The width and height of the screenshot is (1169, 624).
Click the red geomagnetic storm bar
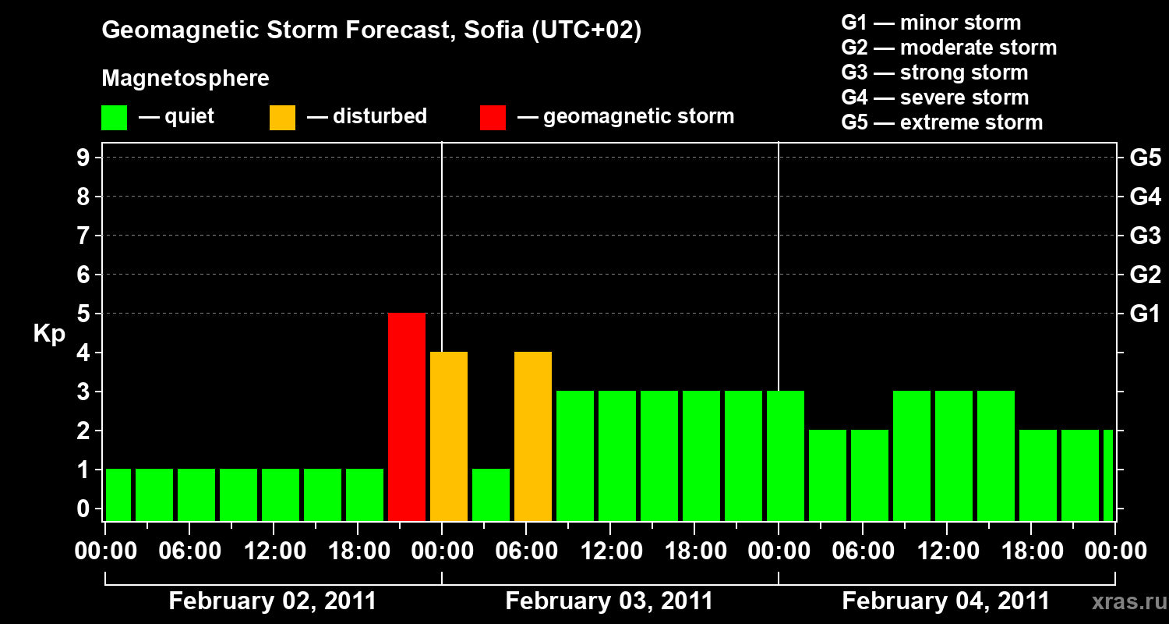(x=407, y=417)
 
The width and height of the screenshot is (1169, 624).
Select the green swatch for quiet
(x=115, y=117)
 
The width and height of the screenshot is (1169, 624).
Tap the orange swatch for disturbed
(x=282, y=117)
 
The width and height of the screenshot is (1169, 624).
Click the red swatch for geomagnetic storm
(x=493, y=117)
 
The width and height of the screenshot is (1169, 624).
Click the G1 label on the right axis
(x=1145, y=314)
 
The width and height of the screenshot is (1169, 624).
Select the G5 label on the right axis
(x=1145, y=158)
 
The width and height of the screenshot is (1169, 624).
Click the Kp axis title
(x=49, y=334)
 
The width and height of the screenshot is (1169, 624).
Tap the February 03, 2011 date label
(x=609, y=601)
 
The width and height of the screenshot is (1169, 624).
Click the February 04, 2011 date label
(x=945, y=601)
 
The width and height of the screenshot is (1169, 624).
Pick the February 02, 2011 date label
(x=272, y=601)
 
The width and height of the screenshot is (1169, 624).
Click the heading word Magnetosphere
(x=185, y=79)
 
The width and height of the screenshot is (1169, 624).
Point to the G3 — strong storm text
(x=934, y=73)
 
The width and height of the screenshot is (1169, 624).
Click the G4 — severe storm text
(x=935, y=97)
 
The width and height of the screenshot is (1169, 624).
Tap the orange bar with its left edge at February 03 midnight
(x=449, y=436)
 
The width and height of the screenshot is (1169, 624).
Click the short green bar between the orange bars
(x=491, y=495)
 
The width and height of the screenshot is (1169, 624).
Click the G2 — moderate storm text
(x=949, y=48)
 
